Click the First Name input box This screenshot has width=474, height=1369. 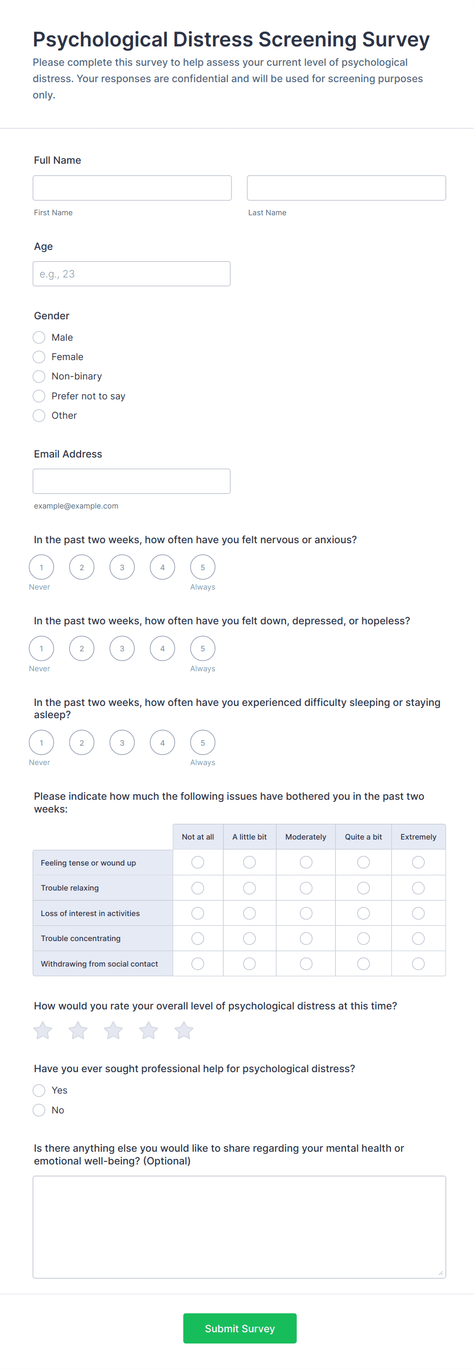(131, 188)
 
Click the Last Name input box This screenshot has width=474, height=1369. (346, 188)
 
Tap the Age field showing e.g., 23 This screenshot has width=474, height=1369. (131, 274)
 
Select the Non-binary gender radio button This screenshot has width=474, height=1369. (39, 376)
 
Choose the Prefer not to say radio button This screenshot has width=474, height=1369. (39, 396)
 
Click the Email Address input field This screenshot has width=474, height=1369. (131, 481)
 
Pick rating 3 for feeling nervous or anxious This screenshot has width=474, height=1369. (122, 567)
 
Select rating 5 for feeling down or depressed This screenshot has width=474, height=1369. (203, 648)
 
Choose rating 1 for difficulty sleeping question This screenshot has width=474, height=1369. (41, 743)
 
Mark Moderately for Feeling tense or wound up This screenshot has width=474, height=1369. (306, 862)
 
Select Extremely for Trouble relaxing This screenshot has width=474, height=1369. (418, 888)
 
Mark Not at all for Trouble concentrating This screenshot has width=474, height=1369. (198, 938)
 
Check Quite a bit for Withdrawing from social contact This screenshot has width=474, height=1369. (363, 964)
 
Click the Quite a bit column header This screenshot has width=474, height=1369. (363, 836)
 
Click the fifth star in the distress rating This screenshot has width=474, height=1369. (183, 1030)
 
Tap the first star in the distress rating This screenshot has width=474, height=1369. (43, 1030)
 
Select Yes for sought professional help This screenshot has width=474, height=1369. (39, 1091)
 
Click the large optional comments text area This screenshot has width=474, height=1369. (239, 1227)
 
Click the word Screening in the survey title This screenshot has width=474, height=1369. (307, 39)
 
